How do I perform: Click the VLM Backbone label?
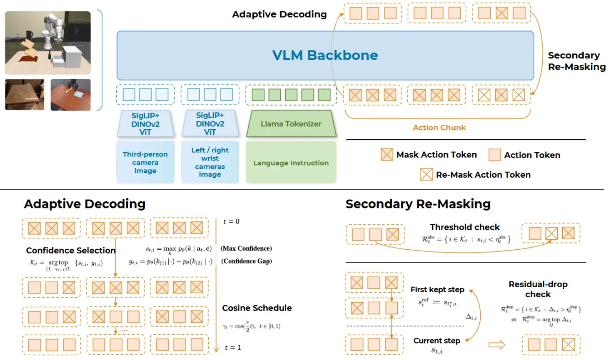point(325,55)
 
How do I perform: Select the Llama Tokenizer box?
point(291,124)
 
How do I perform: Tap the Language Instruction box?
point(291,163)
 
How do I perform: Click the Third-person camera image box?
point(145,162)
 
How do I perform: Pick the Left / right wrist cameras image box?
point(210,162)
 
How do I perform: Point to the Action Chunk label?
point(439,128)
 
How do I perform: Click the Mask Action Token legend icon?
point(387,155)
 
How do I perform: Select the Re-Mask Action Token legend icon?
point(426,174)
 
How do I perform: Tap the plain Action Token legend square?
point(495,155)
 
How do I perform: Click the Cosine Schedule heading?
point(257,308)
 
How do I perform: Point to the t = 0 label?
point(231,221)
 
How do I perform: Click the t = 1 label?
point(233,347)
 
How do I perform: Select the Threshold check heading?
point(465,227)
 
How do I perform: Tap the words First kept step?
point(437,289)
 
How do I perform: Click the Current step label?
point(437,341)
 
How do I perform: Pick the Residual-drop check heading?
point(538,289)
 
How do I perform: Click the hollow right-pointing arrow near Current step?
point(497,345)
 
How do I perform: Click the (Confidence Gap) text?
point(247,261)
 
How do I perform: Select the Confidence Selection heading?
point(71,250)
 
